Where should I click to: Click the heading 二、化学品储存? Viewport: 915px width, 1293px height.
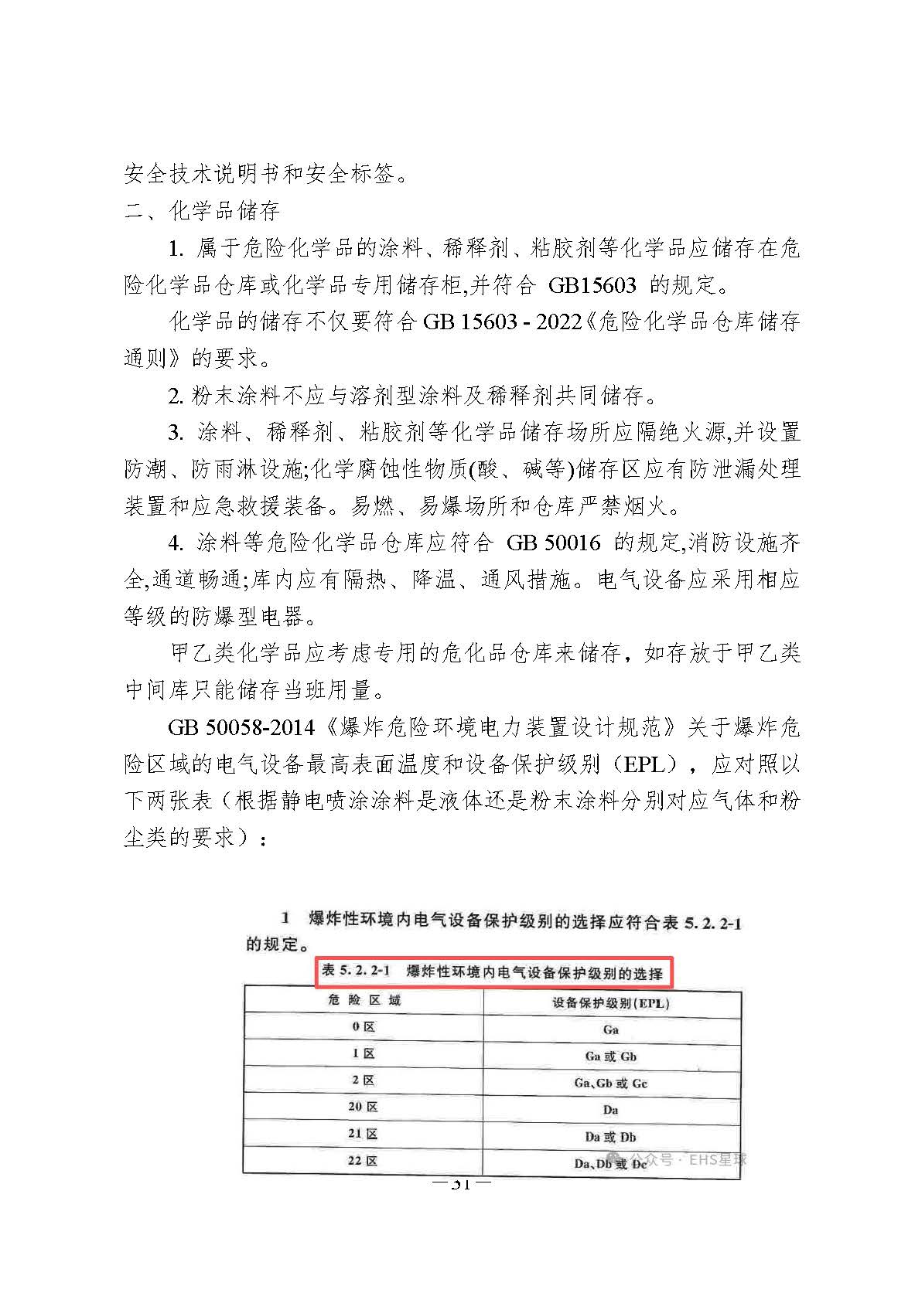(x=202, y=210)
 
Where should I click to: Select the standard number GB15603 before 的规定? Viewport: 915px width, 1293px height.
(x=592, y=284)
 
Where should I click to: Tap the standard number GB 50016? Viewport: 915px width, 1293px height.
(x=553, y=543)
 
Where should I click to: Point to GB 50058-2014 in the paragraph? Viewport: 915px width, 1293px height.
(x=241, y=727)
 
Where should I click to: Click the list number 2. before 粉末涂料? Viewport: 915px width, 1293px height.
(x=176, y=396)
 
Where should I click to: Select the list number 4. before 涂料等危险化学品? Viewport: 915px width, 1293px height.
(x=176, y=543)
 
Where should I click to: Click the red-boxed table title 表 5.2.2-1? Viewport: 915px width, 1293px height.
(x=495, y=972)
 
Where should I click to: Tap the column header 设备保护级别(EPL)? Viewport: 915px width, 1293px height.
(x=611, y=1002)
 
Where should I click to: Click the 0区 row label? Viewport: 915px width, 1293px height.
(x=363, y=1027)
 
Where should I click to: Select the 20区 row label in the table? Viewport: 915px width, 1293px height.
(x=363, y=1107)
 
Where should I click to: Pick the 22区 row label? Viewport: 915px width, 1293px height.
(x=363, y=1160)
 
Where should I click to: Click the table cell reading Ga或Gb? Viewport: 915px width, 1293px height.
(x=611, y=1056)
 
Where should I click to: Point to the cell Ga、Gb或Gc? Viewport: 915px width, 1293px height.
(x=611, y=1083)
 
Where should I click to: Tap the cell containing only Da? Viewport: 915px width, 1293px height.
(x=611, y=1110)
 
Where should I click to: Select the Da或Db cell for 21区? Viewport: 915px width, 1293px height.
(x=611, y=1136)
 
